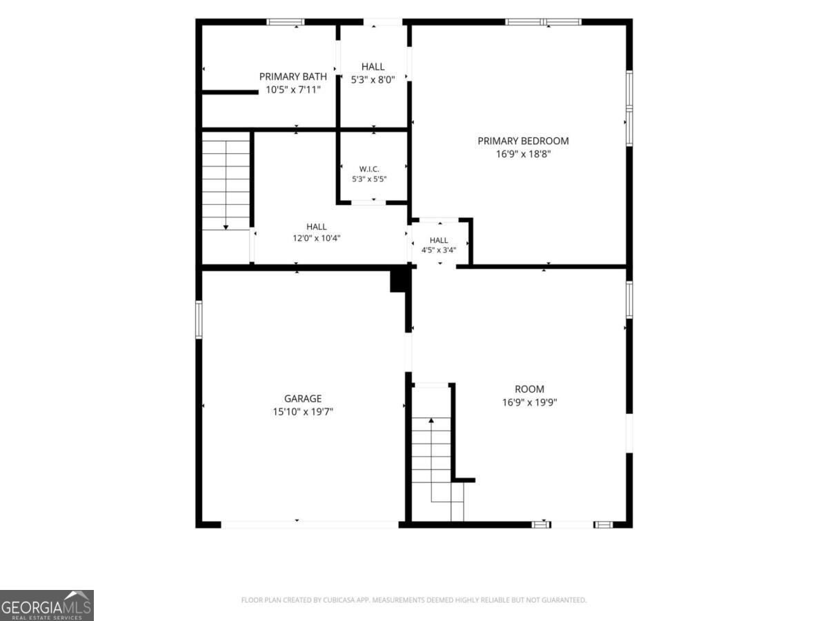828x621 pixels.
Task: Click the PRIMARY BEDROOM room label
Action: (523, 141)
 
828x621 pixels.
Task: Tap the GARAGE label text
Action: (303, 399)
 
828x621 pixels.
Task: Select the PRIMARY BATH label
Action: (293, 77)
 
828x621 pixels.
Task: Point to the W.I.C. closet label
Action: (369, 169)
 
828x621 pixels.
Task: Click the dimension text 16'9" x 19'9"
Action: (530, 402)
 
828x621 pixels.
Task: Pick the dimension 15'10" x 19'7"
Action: (303, 411)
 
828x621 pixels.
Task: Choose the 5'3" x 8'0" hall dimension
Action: (373, 79)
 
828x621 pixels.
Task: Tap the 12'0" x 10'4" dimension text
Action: (317, 238)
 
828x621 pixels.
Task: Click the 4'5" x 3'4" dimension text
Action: (439, 250)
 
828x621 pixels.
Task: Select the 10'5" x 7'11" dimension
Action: (293, 90)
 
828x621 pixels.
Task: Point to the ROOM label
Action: (530, 389)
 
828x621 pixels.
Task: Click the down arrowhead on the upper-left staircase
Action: (226, 228)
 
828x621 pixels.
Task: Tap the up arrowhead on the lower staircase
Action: (431, 420)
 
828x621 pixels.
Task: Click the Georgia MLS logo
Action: (47, 606)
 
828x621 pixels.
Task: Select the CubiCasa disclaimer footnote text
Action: (414, 600)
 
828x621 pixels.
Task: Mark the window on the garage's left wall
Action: (199, 319)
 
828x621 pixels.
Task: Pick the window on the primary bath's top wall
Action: (286, 22)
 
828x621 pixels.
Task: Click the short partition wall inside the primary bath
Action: (230, 92)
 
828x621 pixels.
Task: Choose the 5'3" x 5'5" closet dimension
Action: (369, 179)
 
